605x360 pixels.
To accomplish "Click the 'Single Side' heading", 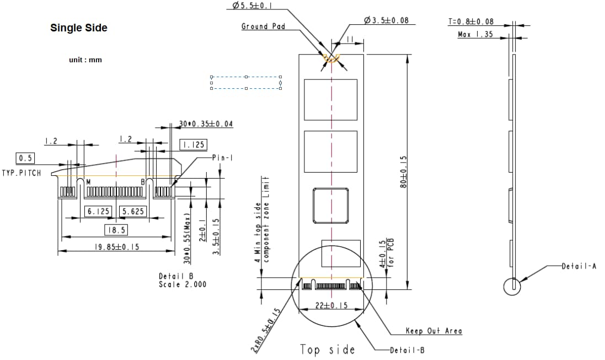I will coord(79,28).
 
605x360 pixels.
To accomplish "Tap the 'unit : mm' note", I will coord(85,60).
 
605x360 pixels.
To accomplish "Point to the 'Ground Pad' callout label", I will coord(263,26).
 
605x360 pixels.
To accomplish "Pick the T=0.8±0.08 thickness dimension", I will coord(471,22).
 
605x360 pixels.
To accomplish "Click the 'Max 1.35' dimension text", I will coord(475,34).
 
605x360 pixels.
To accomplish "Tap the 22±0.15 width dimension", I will coord(331,305).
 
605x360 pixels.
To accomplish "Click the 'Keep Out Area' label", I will coord(433,331).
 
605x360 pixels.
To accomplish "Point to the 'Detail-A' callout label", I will coord(579,266).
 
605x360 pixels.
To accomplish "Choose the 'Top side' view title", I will coord(328,349).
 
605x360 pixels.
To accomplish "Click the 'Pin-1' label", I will coord(223,158).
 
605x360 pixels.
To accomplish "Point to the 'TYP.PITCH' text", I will coord(22,173).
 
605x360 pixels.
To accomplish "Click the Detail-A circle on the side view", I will coord(512,287).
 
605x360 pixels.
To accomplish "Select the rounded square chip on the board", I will coord(331,206).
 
